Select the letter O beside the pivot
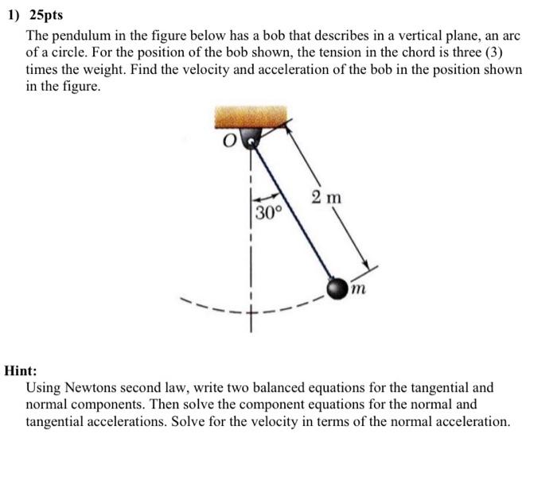pos(231,143)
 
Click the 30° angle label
pos(269,213)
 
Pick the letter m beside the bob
pos(359,291)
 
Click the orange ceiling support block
pos(254,120)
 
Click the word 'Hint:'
pos(21,370)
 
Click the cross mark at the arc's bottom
pos(253,320)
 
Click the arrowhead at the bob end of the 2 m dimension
pos(367,267)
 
